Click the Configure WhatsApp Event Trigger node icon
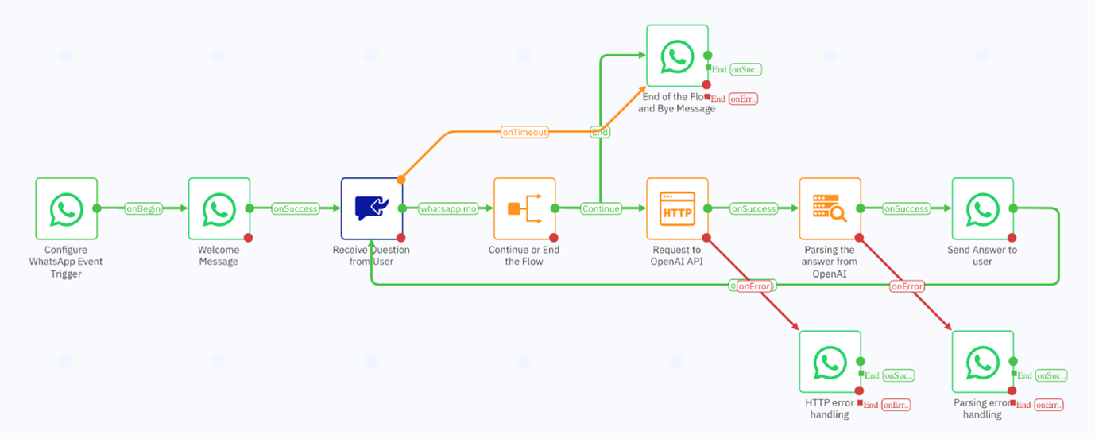pyautogui.click(x=66, y=208)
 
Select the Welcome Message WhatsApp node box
pyautogui.click(x=219, y=208)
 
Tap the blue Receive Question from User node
pyautogui.click(x=371, y=208)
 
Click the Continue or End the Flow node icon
pyautogui.click(x=524, y=208)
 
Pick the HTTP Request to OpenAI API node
pyautogui.click(x=677, y=208)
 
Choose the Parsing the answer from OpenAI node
pyautogui.click(x=830, y=208)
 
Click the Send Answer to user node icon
pyautogui.click(x=982, y=208)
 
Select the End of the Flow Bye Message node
pyautogui.click(x=677, y=56)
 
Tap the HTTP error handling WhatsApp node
pyautogui.click(x=830, y=362)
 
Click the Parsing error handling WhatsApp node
pyautogui.click(x=982, y=362)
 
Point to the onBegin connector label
pyautogui.click(x=143, y=209)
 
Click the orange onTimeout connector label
pyautogui.click(x=524, y=132)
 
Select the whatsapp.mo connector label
pyautogui.click(x=448, y=209)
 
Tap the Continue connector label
pyautogui.click(x=601, y=209)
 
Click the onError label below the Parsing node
pyautogui.click(x=907, y=286)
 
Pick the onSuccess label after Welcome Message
pyautogui.click(x=296, y=209)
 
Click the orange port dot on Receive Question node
pyautogui.click(x=401, y=179)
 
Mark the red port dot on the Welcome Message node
pyautogui.click(x=249, y=238)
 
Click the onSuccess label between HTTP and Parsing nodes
pyautogui.click(x=753, y=209)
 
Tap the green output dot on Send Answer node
pyautogui.click(x=1012, y=208)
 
